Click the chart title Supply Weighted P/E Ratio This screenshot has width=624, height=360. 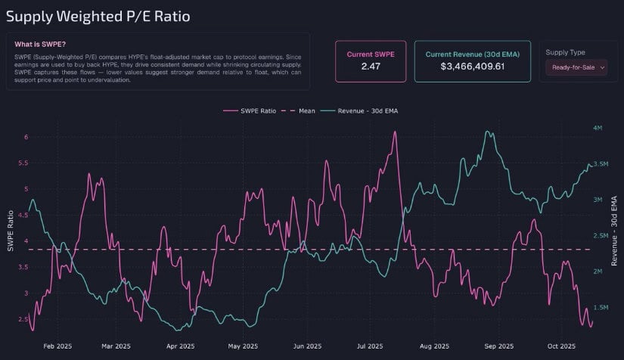[x=98, y=15]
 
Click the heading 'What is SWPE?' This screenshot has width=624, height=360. [x=39, y=44]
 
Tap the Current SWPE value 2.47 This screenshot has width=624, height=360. [x=371, y=67]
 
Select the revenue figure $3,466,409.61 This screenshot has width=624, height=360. [x=472, y=67]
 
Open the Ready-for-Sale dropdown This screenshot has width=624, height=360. [x=577, y=67]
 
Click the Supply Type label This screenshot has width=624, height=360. [x=566, y=52]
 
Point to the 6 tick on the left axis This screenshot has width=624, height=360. [x=25, y=137]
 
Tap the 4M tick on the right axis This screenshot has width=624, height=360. [x=598, y=129]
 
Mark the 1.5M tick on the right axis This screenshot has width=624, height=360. [x=600, y=308]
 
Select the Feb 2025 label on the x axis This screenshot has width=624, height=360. [x=58, y=346]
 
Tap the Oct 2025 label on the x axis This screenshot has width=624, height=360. [x=561, y=346]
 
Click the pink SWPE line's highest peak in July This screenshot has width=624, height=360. [x=395, y=132]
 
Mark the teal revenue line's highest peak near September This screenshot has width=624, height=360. [x=487, y=132]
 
